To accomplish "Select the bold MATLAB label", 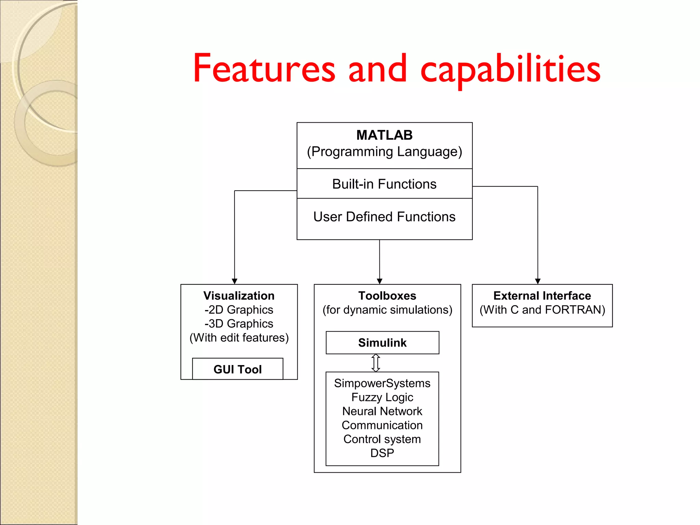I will click(384, 135).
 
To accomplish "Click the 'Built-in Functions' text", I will click(384, 184).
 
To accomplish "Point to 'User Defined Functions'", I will click(384, 217).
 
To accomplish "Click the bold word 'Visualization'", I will click(239, 296).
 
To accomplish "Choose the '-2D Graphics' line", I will click(239, 310).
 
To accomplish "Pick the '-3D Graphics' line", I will click(239, 324).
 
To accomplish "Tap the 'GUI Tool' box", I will click(238, 369).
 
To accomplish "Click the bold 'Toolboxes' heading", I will click(387, 296).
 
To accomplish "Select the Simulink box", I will click(382, 342).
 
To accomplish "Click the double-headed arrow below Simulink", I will click(376, 363).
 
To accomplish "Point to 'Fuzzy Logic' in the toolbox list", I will click(382, 397).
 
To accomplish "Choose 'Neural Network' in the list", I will click(382, 411).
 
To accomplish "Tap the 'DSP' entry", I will click(382, 453).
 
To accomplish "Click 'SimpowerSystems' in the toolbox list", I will click(382, 383).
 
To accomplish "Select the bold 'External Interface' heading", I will click(542, 296).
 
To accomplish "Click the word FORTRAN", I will click(575, 310).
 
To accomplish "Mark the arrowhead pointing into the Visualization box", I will click(234, 281).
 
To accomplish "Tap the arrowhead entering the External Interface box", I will click(538, 281).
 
